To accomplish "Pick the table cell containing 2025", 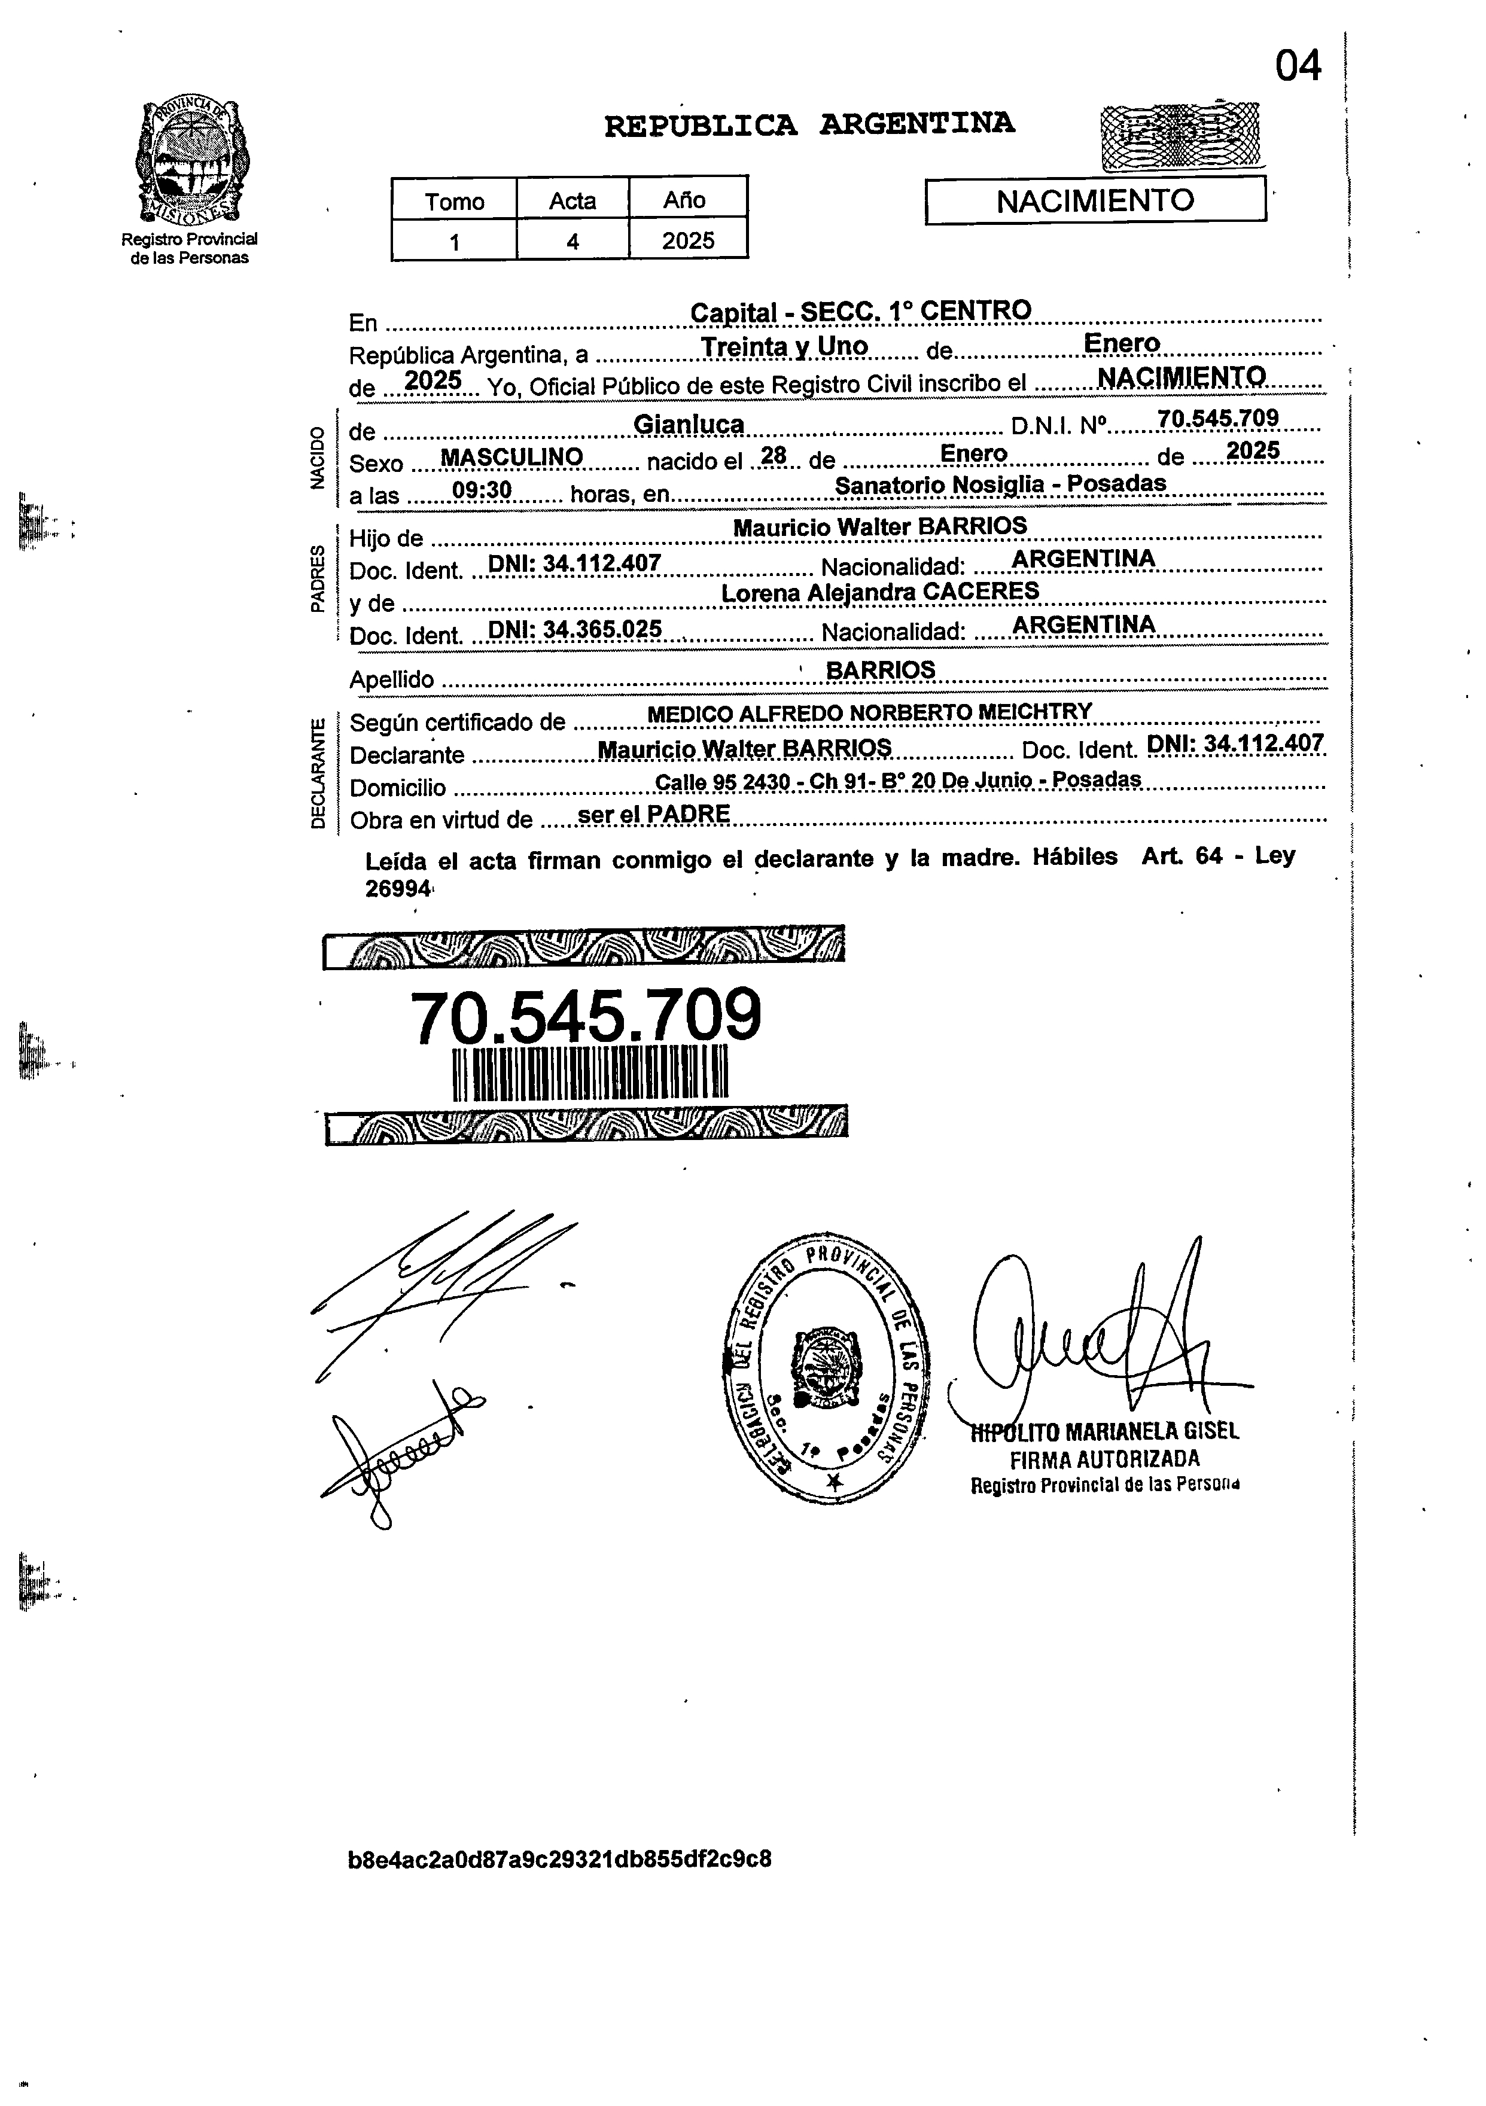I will pos(688,240).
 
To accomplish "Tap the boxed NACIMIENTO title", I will pos(1095,200).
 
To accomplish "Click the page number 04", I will pos(1298,66).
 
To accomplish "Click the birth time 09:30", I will pos(482,490).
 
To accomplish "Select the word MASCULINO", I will pos(512,457).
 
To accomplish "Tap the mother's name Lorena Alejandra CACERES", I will pos(879,592).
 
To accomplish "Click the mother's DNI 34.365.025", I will pos(574,629).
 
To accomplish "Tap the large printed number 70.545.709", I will pos(585,1016).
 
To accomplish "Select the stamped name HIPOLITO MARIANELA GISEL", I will pos(1106,1431).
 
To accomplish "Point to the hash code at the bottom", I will pos(559,1859).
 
